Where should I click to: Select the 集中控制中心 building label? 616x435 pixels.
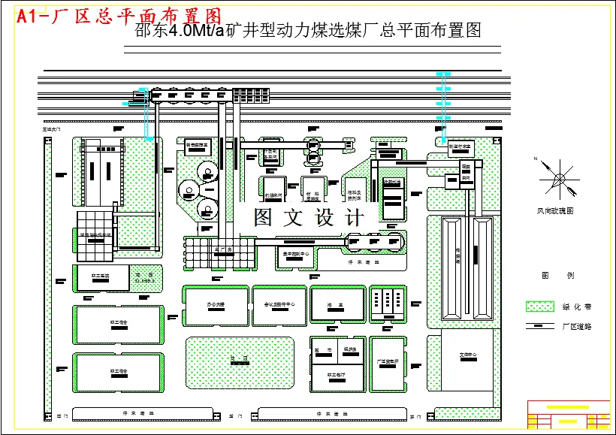pos(295,254)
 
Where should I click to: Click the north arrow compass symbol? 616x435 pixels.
pos(558,179)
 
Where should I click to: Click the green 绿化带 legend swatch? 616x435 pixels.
pos(538,307)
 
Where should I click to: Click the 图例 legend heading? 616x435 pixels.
pos(557,276)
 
